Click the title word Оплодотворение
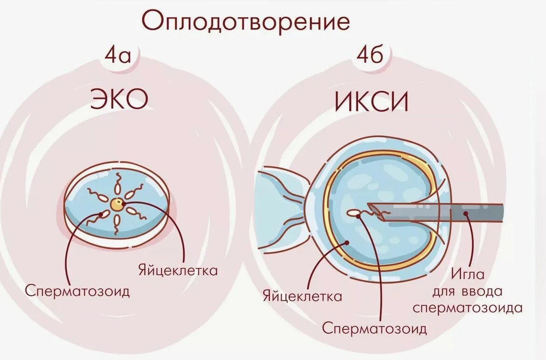pyautogui.click(x=245, y=21)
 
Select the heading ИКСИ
pyautogui.click(x=371, y=102)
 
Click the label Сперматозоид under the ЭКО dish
pyautogui.click(x=77, y=291)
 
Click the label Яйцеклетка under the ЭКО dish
pyautogui.click(x=178, y=270)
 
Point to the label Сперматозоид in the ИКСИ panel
pyautogui.click(x=374, y=328)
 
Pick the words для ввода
pyautogui.click(x=467, y=291)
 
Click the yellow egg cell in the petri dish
pyautogui.click(x=117, y=204)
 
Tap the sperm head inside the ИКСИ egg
pyautogui.click(x=354, y=213)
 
